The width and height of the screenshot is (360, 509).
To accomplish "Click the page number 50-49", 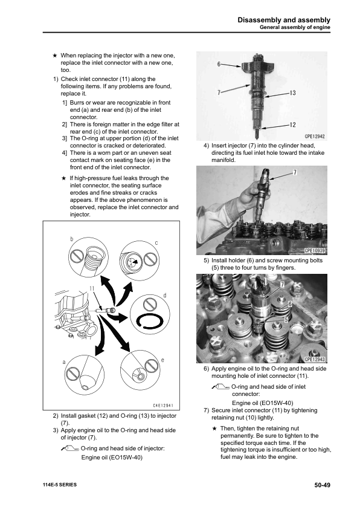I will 321,485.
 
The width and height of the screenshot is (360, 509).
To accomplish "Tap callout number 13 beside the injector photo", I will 292,93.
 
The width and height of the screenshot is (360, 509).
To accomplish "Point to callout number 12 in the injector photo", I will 292,125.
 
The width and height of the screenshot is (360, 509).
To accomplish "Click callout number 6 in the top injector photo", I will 219,62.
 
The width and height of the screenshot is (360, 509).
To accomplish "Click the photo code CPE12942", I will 314,137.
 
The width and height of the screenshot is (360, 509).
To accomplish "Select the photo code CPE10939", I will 314,251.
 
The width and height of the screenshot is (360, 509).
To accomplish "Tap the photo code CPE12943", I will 314,360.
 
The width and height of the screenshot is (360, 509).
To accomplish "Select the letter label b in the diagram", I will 71,240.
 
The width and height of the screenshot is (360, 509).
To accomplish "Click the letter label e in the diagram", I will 163,360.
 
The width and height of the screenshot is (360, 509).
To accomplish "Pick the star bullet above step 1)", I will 55,55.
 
